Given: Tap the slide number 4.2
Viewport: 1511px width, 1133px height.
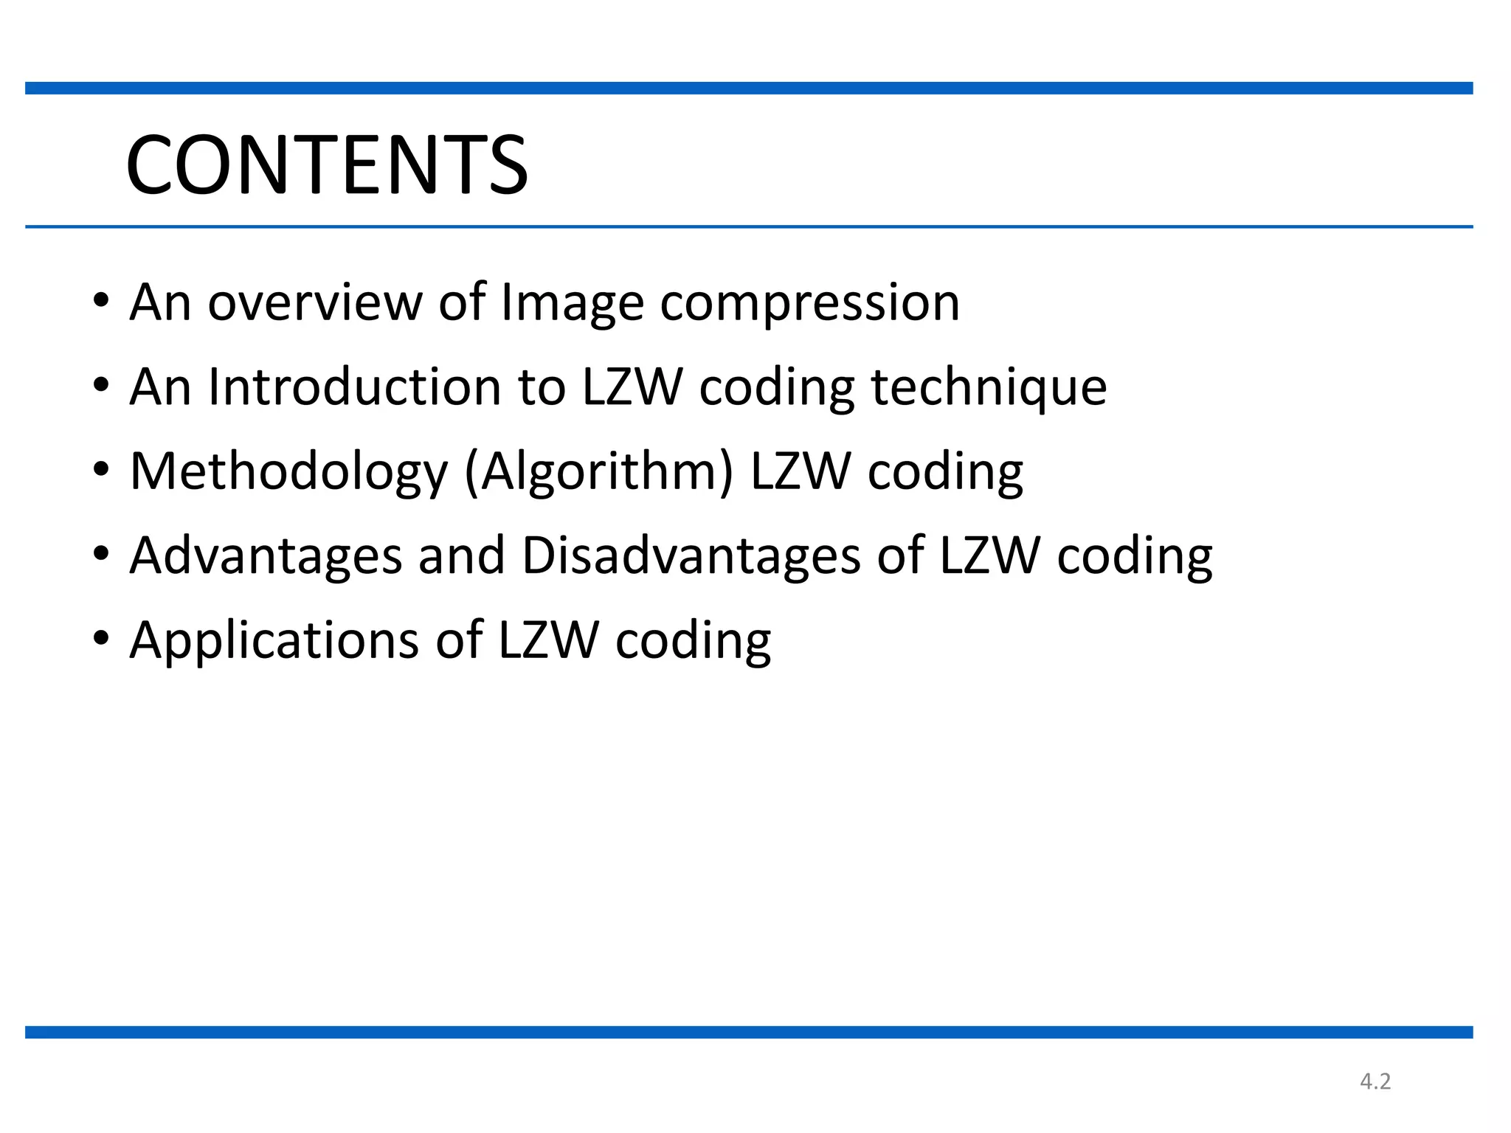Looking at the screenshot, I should click(x=1375, y=1081).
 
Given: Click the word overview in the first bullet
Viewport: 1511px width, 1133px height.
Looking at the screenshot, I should click(x=315, y=302).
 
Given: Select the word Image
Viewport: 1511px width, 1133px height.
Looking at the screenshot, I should click(x=573, y=302).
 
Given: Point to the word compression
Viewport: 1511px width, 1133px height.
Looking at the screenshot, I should click(x=809, y=302).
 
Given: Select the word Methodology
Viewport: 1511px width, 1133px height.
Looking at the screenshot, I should click(x=288, y=471).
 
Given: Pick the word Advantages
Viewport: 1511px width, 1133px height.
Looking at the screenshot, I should click(x=266, y=555).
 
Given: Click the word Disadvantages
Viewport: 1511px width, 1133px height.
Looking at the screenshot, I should click(x=691, y=555).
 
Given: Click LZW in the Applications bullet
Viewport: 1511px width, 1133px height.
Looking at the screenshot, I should click(x=548, y=640).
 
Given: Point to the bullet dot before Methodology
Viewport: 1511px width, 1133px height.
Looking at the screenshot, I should click(x=101, y=469).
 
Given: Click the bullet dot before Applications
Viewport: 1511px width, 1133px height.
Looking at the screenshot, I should click(x=101, y=637).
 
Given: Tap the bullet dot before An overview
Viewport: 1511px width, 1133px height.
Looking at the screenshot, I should click(x=101, y=300).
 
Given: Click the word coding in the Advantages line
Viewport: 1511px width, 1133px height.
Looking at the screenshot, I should click(x=1135, y=555).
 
